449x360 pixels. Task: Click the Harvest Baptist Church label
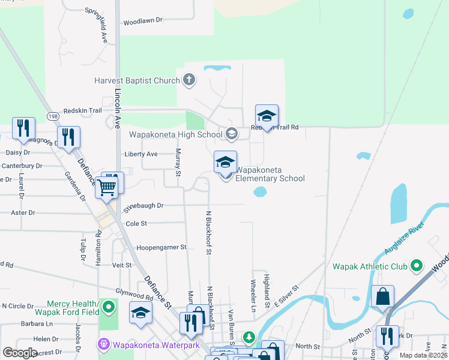(137, 80)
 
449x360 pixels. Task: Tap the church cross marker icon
(188, 80)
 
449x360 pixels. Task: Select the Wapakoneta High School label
(176, 134)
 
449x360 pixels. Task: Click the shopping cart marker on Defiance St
(107, 187)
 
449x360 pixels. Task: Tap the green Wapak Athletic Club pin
(417, 266)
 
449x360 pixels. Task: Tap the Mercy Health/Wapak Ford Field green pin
(108, 308)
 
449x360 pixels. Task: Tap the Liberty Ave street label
(141, 154)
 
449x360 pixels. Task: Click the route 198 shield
(52, 115)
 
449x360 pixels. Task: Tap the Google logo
(20, 353)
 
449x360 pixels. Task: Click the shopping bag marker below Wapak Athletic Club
(382, 297)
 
